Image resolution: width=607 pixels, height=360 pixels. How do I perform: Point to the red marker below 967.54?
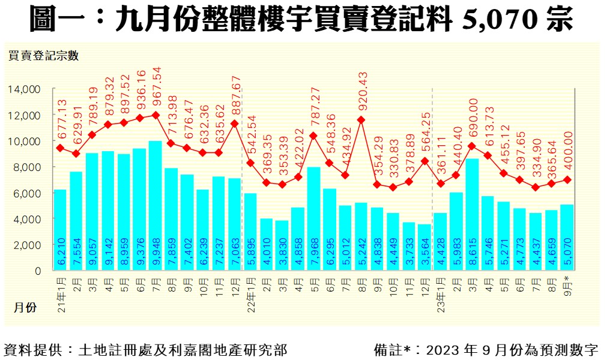pyautogui.click(x=156, y=115)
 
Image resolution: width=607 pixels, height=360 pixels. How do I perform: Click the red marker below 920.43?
pyautogui.click(x=361, y=119)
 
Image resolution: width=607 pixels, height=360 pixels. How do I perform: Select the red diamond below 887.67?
pyautogui.click(x=235, y=124)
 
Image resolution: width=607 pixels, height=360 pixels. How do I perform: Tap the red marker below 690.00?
pyautogui.click(x=472, y=146)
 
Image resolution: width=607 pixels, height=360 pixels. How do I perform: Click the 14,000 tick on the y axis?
pyautogui.click(x=24, y=89)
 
